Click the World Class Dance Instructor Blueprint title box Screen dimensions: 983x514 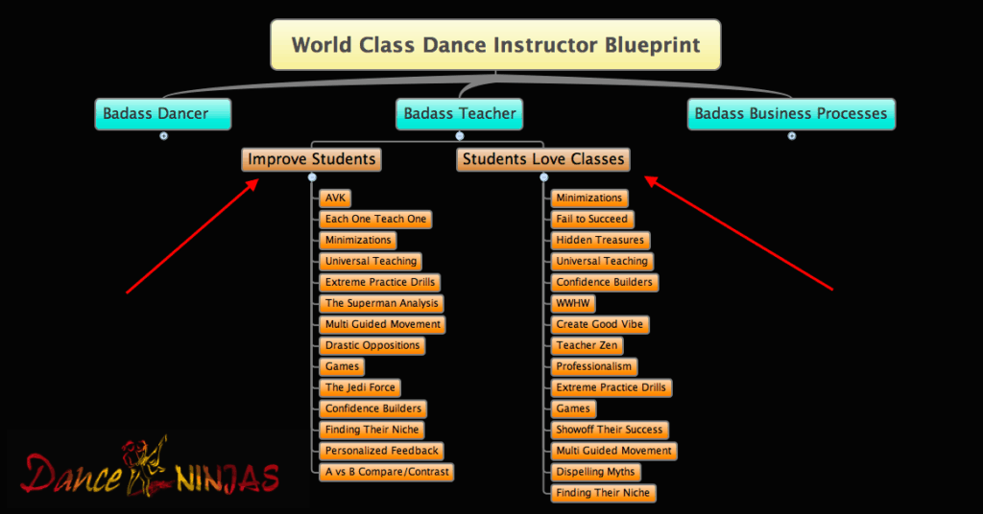[x=495, y=44]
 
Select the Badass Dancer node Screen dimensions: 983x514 [x=163, y=114]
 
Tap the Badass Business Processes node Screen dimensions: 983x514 [x=791, y=114]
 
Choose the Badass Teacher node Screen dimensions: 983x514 [x=460, y=114]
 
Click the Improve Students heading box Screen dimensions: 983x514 [x=312, y=159]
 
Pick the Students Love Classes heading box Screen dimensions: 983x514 [x=543, y=159]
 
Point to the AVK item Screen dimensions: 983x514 [x=335, y=199]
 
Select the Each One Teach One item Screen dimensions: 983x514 [x=375, y=220]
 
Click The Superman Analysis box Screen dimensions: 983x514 [x=381, y=304]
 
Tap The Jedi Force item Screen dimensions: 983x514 [x=360, y=387]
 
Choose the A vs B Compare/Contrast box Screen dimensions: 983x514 [x=386, y=472]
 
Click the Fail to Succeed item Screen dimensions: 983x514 [x=591, y=220]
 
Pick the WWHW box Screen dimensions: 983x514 [x=573, y=304]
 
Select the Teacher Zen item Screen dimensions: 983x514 [x=587, y=345]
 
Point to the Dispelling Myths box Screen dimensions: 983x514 [x=595, y=472]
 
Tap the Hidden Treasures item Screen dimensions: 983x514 [x=600, y=241]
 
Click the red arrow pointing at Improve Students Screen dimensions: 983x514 [x=192, y=236]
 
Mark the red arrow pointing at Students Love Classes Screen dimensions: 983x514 [x=738, y=234]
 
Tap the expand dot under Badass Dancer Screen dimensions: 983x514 [x=163, y=136]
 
